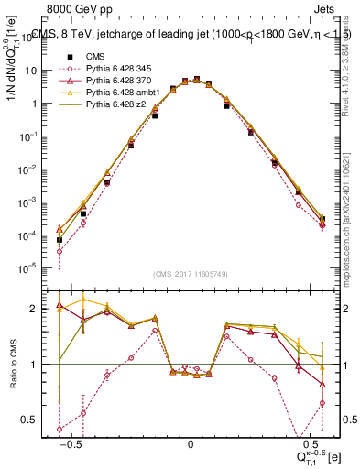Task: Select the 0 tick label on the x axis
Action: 191,444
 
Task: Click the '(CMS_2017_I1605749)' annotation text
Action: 191,274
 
